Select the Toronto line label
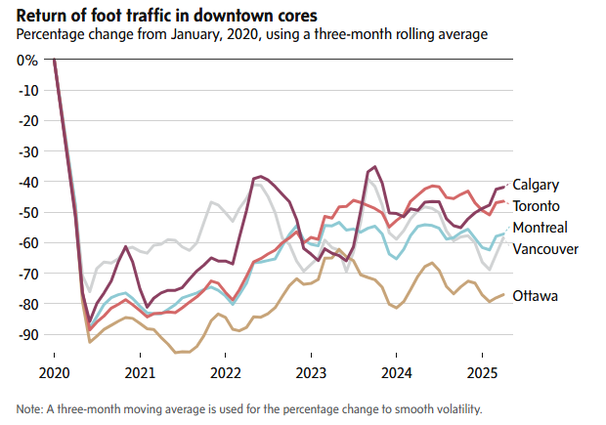click(x=536, y=206)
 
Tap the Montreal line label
click(x=540, y=228)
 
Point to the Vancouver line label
click(x=545, y=249)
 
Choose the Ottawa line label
click(x=535, y=295)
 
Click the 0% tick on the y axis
click(x=27, y=60)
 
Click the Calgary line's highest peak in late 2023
click(x=373, y=167)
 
